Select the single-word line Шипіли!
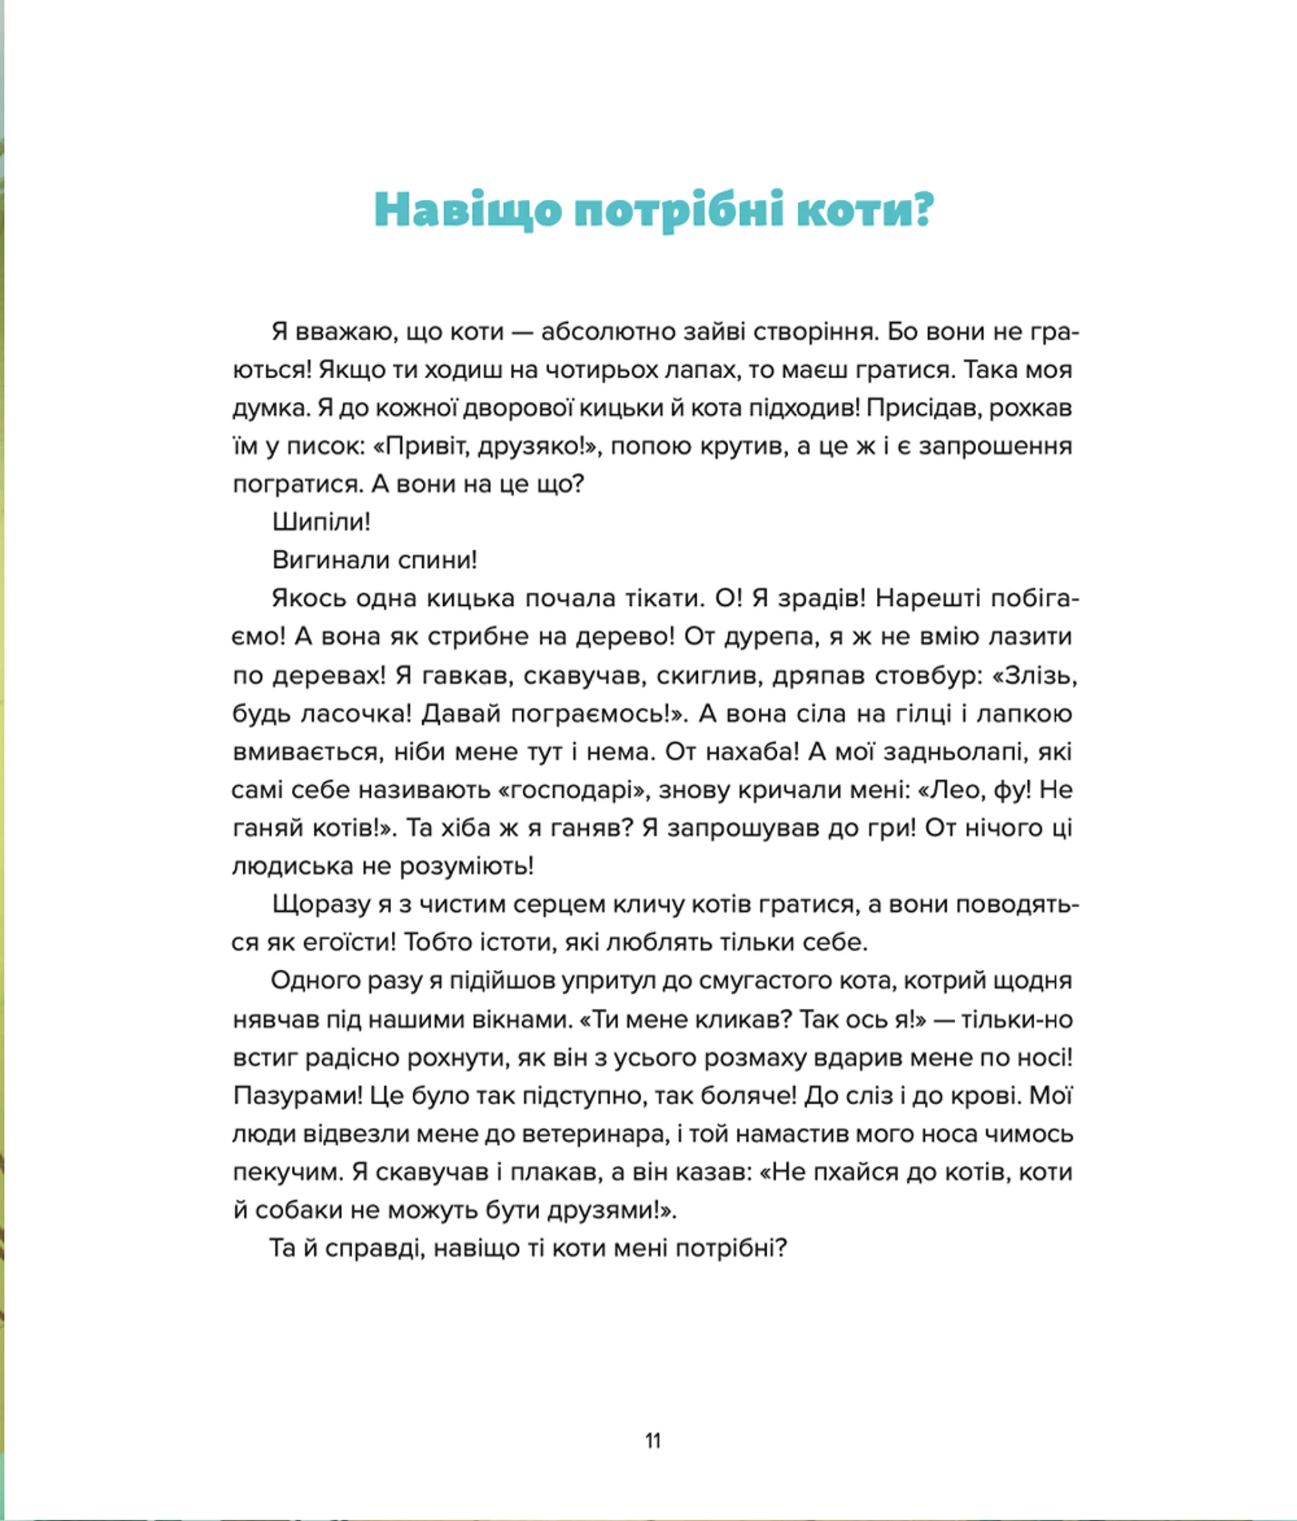[x=322, y=522]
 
